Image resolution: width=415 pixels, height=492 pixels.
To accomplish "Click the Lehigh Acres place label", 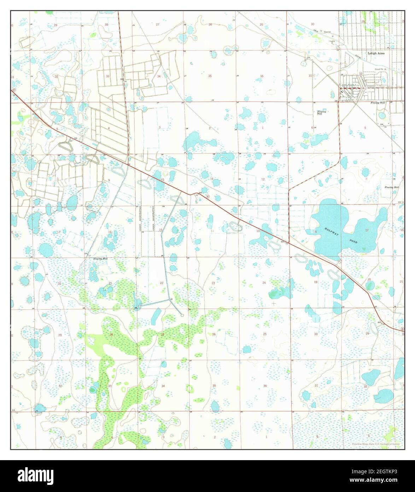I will [375, 53].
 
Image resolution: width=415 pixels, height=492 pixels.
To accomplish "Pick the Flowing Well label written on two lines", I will [321, 113].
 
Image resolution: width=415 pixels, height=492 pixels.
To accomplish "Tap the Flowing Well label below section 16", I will [100, 259].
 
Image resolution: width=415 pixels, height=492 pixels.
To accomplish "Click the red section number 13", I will [258, 231].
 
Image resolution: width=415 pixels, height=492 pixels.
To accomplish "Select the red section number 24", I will [264, 282].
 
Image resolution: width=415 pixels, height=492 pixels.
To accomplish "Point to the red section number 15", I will [161, 230].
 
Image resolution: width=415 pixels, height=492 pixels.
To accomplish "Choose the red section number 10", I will [162, 180].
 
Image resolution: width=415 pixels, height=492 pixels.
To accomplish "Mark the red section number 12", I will [263, 179].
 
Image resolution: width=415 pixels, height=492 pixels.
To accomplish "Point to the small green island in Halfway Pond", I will [364, 249].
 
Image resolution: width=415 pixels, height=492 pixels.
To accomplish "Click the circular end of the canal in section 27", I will [182, 314].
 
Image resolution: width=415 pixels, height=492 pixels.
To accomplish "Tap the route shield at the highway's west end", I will [13, 90].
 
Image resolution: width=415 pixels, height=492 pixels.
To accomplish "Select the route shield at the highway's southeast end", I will [402, 330].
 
